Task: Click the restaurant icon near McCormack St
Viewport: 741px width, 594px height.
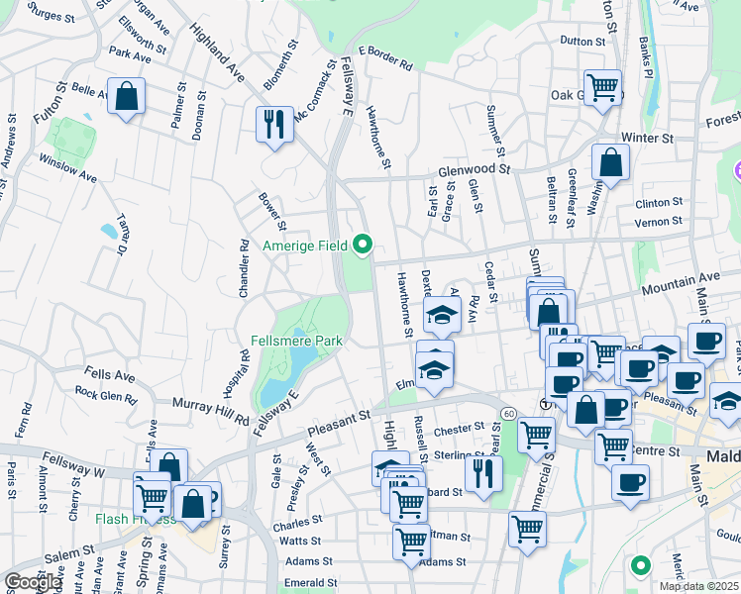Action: click(x=275, y=124)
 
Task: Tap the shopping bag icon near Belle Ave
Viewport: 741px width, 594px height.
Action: click(x=127, y=97)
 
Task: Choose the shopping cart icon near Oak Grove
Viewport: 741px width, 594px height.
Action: click(x=602, y=88)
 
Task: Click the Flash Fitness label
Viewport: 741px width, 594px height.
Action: click(x=134, y=519)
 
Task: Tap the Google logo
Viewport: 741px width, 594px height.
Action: click(x=32, y=582)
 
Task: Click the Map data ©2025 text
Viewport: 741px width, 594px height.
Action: click(x=698, y=586)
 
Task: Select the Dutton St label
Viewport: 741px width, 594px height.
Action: click(x=582, y=42)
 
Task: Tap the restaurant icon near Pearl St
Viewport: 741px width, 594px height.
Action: click(x=483, y=473)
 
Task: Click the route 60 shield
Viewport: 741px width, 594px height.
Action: click(x=507, y=412)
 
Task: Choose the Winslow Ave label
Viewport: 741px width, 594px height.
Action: click(x=67, y=167)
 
